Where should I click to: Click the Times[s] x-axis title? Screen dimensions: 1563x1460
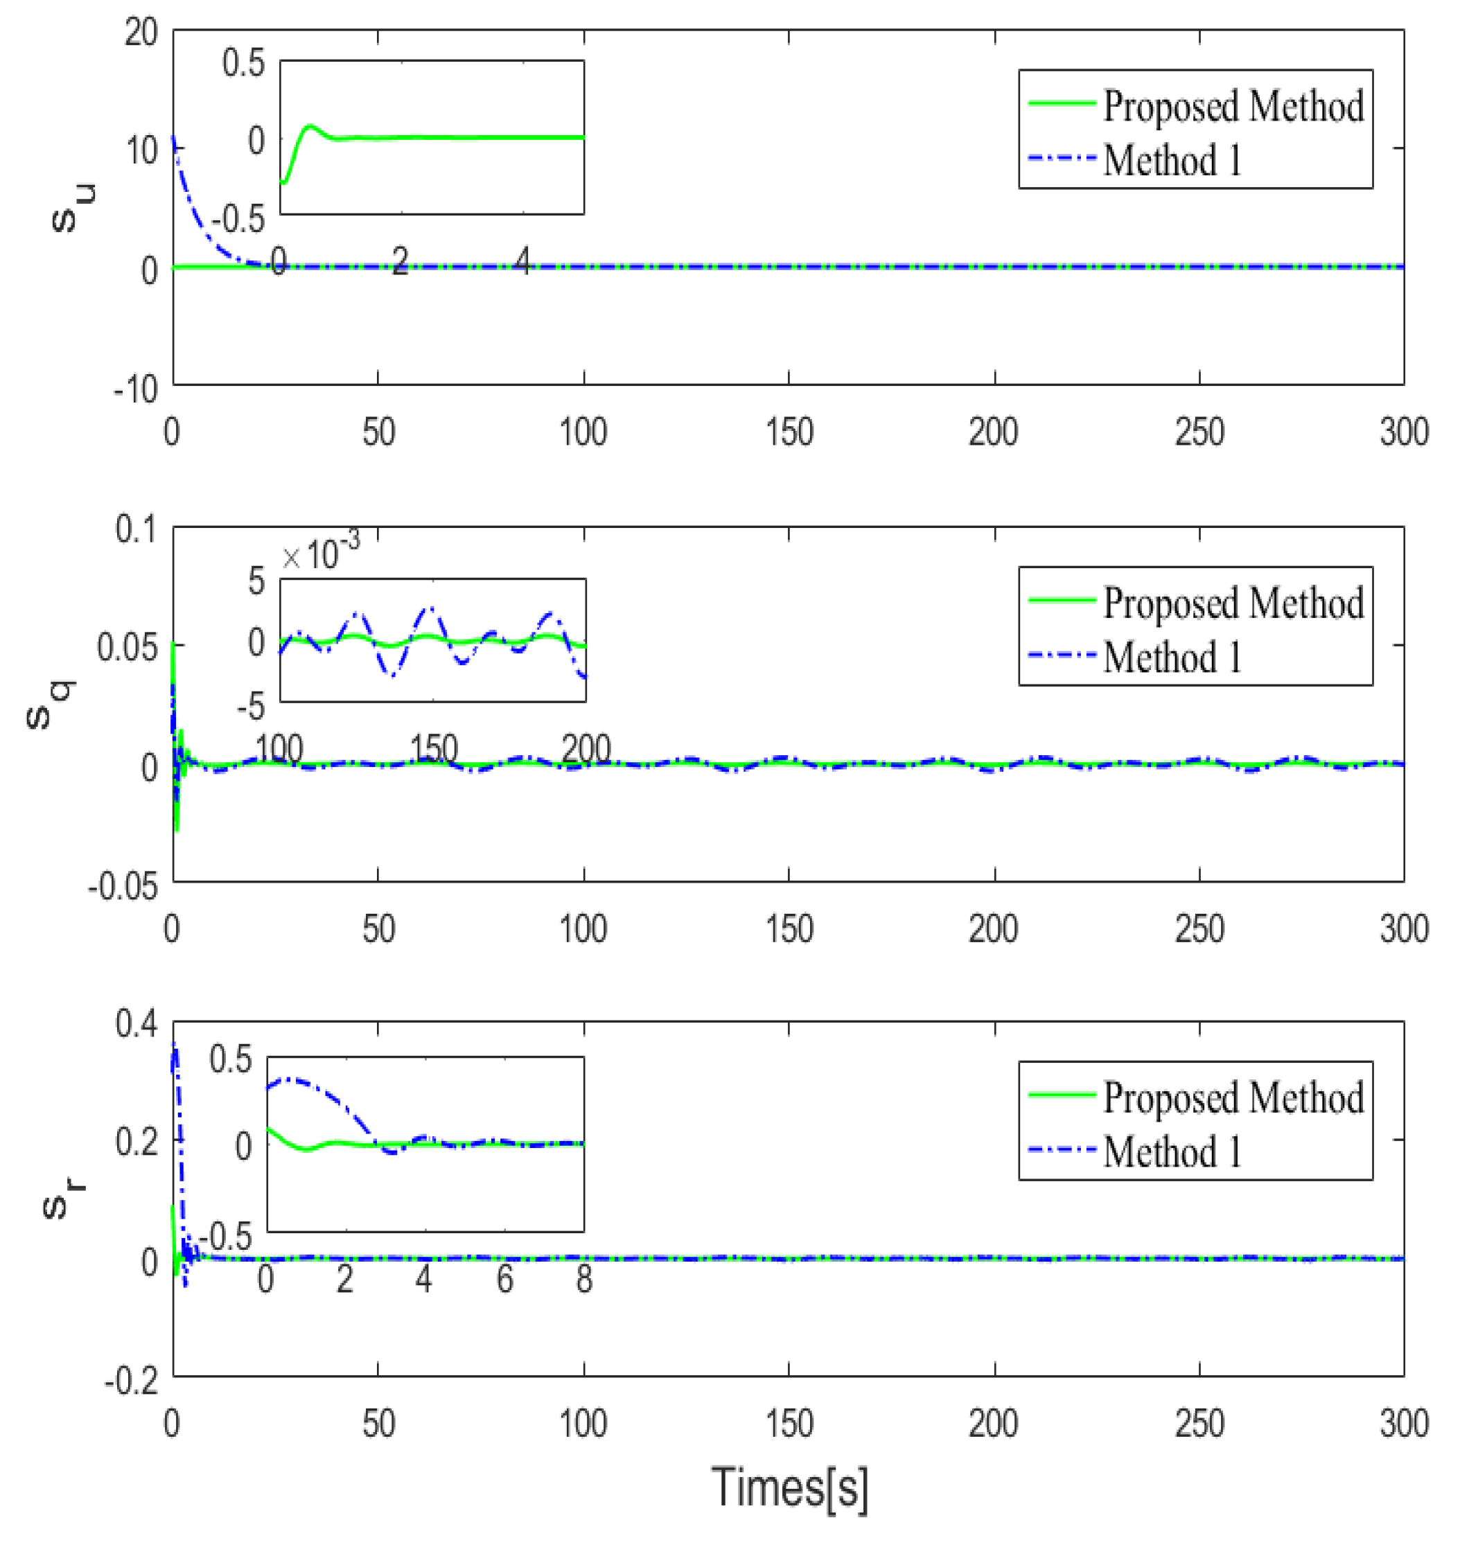789,1487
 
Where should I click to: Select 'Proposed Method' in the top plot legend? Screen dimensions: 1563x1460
1232,105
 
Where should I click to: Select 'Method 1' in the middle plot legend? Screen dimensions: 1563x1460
1172,657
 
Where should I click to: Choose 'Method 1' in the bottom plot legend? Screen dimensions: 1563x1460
1172,1151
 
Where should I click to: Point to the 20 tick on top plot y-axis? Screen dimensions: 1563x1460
141,33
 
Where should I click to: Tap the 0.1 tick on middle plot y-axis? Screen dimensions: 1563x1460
136,529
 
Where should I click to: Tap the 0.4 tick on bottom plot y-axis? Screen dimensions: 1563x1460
136,1024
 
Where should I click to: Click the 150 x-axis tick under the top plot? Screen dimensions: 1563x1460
789,432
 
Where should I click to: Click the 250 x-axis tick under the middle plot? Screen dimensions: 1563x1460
1199,928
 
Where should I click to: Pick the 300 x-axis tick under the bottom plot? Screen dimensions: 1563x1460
1403,1423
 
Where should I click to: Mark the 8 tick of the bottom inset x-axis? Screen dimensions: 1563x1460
583,1279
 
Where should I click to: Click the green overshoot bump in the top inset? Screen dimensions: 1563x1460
310,126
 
